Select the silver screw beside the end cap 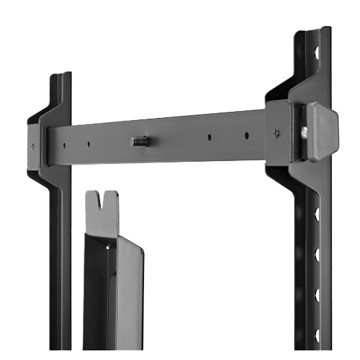303,131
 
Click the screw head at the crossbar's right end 276,132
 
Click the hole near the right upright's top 316,51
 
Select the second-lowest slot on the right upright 317,296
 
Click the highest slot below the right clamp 316,215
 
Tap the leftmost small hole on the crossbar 63,145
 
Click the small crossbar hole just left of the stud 88,143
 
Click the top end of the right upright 312,32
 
